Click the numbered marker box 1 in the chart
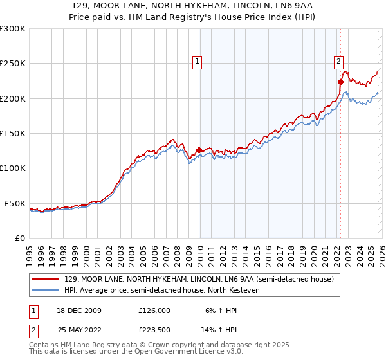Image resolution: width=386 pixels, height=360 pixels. coord(196,62)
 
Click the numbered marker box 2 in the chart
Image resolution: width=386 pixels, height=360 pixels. coord(338,62)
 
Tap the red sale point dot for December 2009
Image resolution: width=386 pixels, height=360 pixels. coord(199,150)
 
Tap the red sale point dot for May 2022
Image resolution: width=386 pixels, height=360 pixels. coord(340,82)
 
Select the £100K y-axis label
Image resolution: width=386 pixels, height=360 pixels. coord(12,168)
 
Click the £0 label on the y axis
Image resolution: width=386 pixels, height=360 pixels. coord(19,238)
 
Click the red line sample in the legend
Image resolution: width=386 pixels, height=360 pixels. coord(46,280)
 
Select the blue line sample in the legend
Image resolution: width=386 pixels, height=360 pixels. coord(46,291)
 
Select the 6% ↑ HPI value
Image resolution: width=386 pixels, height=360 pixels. coord(221,310)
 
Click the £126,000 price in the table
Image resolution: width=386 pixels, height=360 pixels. coord(154,310)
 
